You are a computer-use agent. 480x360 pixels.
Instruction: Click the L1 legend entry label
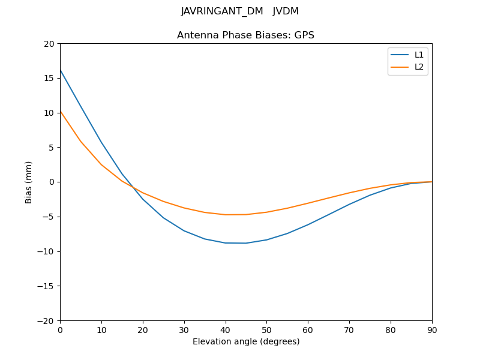419,55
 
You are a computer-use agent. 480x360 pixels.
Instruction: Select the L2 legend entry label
419,67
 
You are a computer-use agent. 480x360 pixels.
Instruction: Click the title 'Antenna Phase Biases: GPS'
245,35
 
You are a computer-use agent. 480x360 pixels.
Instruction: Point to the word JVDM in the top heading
286,11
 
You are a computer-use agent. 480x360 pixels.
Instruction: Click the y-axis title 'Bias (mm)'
29,182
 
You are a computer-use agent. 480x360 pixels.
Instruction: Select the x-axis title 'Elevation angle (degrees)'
246,341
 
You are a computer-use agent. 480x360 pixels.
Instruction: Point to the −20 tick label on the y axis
46,320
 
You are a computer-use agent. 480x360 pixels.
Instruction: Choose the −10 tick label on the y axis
46,251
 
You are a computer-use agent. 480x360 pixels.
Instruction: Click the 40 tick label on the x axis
226,329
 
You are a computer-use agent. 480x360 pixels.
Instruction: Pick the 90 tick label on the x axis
432,329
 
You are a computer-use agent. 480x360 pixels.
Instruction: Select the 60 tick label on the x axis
308,329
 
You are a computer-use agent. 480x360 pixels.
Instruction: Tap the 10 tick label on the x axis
101,329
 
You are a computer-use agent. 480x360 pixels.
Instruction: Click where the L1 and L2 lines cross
132,187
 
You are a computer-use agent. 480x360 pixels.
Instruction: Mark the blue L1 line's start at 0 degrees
60,70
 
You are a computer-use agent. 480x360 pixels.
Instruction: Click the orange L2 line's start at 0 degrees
60,110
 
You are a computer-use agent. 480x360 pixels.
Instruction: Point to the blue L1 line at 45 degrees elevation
246,243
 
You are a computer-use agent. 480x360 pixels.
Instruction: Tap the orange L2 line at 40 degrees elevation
226,215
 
